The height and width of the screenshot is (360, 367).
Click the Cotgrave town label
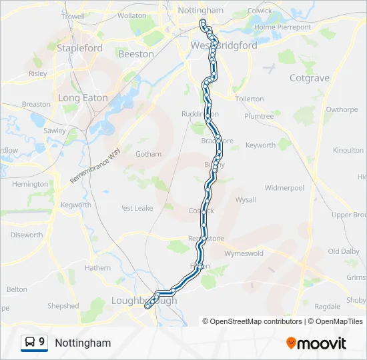tap(310, 78)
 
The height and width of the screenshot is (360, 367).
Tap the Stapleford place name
tap(79, 48)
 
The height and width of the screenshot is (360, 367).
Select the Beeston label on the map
tap(136, 54)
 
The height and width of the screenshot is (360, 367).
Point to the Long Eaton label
tap(83, 98)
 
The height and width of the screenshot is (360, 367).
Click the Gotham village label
tap(148, 154)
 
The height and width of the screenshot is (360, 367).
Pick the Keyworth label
tap(260, 145)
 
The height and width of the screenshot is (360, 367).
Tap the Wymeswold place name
tap(244, 254)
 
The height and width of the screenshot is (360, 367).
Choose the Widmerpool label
tap(284, 188)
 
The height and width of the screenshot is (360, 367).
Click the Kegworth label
tap(75, 205)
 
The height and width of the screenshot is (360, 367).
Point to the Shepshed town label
tap(63, 306)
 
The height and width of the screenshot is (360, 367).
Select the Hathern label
tap(97, 268)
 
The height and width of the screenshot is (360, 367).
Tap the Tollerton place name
tap(250, 99)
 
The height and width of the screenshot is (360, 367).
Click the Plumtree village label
tap(259, 116)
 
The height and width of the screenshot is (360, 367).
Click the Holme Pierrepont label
tap(283, 27)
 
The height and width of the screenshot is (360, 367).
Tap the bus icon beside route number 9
tap(30, 342)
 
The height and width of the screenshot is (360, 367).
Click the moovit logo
tap(316, 343)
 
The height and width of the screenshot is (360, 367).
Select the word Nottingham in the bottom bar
tap(83, 343)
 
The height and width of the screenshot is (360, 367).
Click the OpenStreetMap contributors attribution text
tap(252, 321)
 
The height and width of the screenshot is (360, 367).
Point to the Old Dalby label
tap(344, 251)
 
